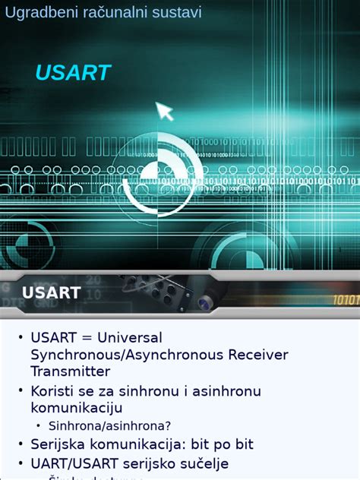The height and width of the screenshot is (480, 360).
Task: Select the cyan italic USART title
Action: (x=73, y=73)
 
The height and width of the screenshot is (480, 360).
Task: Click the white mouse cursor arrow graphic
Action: (x=164, y=111)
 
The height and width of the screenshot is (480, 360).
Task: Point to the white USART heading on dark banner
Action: (x=51, y=292)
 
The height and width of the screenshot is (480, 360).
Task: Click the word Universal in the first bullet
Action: (x=129, y=336)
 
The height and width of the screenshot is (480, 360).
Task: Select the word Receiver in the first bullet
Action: (x=256, y=354)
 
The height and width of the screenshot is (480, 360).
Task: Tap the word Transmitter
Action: (x=70, y=371)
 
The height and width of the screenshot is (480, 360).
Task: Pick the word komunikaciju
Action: (x=76, y=408)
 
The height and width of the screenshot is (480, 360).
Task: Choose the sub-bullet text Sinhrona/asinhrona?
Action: (x=109, y=426)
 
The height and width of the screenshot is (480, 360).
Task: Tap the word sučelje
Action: (x=201, y=463)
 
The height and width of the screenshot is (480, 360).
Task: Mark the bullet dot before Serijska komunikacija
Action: (x=21, y=444)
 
